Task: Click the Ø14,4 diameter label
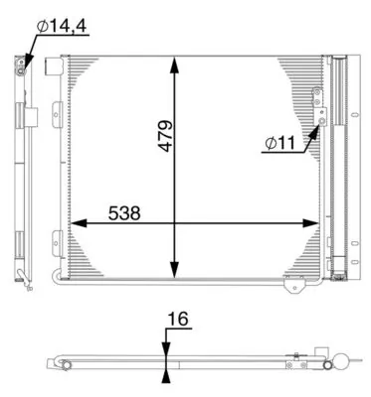63,26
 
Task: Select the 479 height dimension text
165,136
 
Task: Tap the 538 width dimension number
124,213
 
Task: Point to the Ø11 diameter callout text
279,143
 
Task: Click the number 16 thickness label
178,319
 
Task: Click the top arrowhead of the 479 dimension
174,66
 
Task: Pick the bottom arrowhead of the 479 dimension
174,269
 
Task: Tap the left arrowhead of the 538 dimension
79,223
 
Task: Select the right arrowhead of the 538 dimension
311,223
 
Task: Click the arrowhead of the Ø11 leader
314,131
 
